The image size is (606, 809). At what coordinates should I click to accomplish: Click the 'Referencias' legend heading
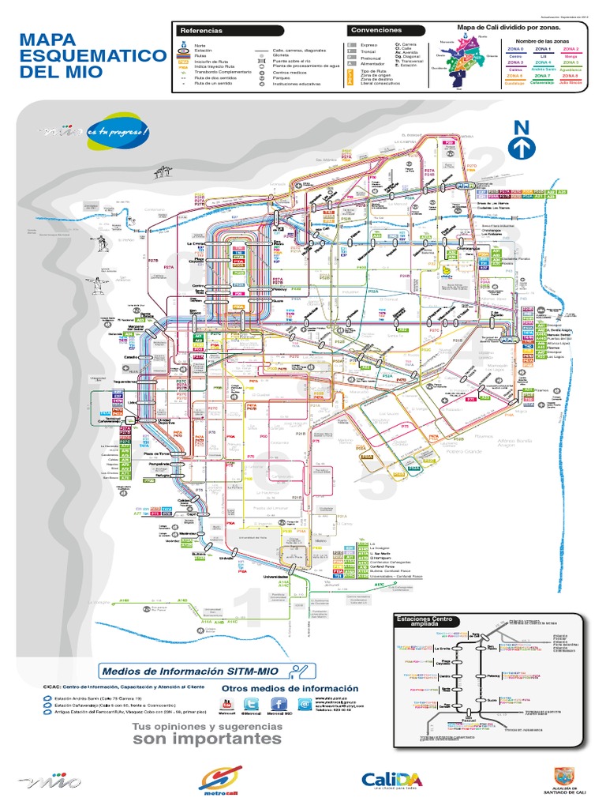pos(201,30)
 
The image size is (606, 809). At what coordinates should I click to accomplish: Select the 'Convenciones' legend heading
pos(376,30)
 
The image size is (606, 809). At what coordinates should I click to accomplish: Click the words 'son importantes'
pos(207,739)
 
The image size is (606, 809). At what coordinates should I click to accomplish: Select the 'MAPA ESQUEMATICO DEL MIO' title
pos(79,55)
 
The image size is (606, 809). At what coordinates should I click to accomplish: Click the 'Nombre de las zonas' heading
pos(542,40)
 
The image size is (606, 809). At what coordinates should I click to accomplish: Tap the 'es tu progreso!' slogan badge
pos(117,132)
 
